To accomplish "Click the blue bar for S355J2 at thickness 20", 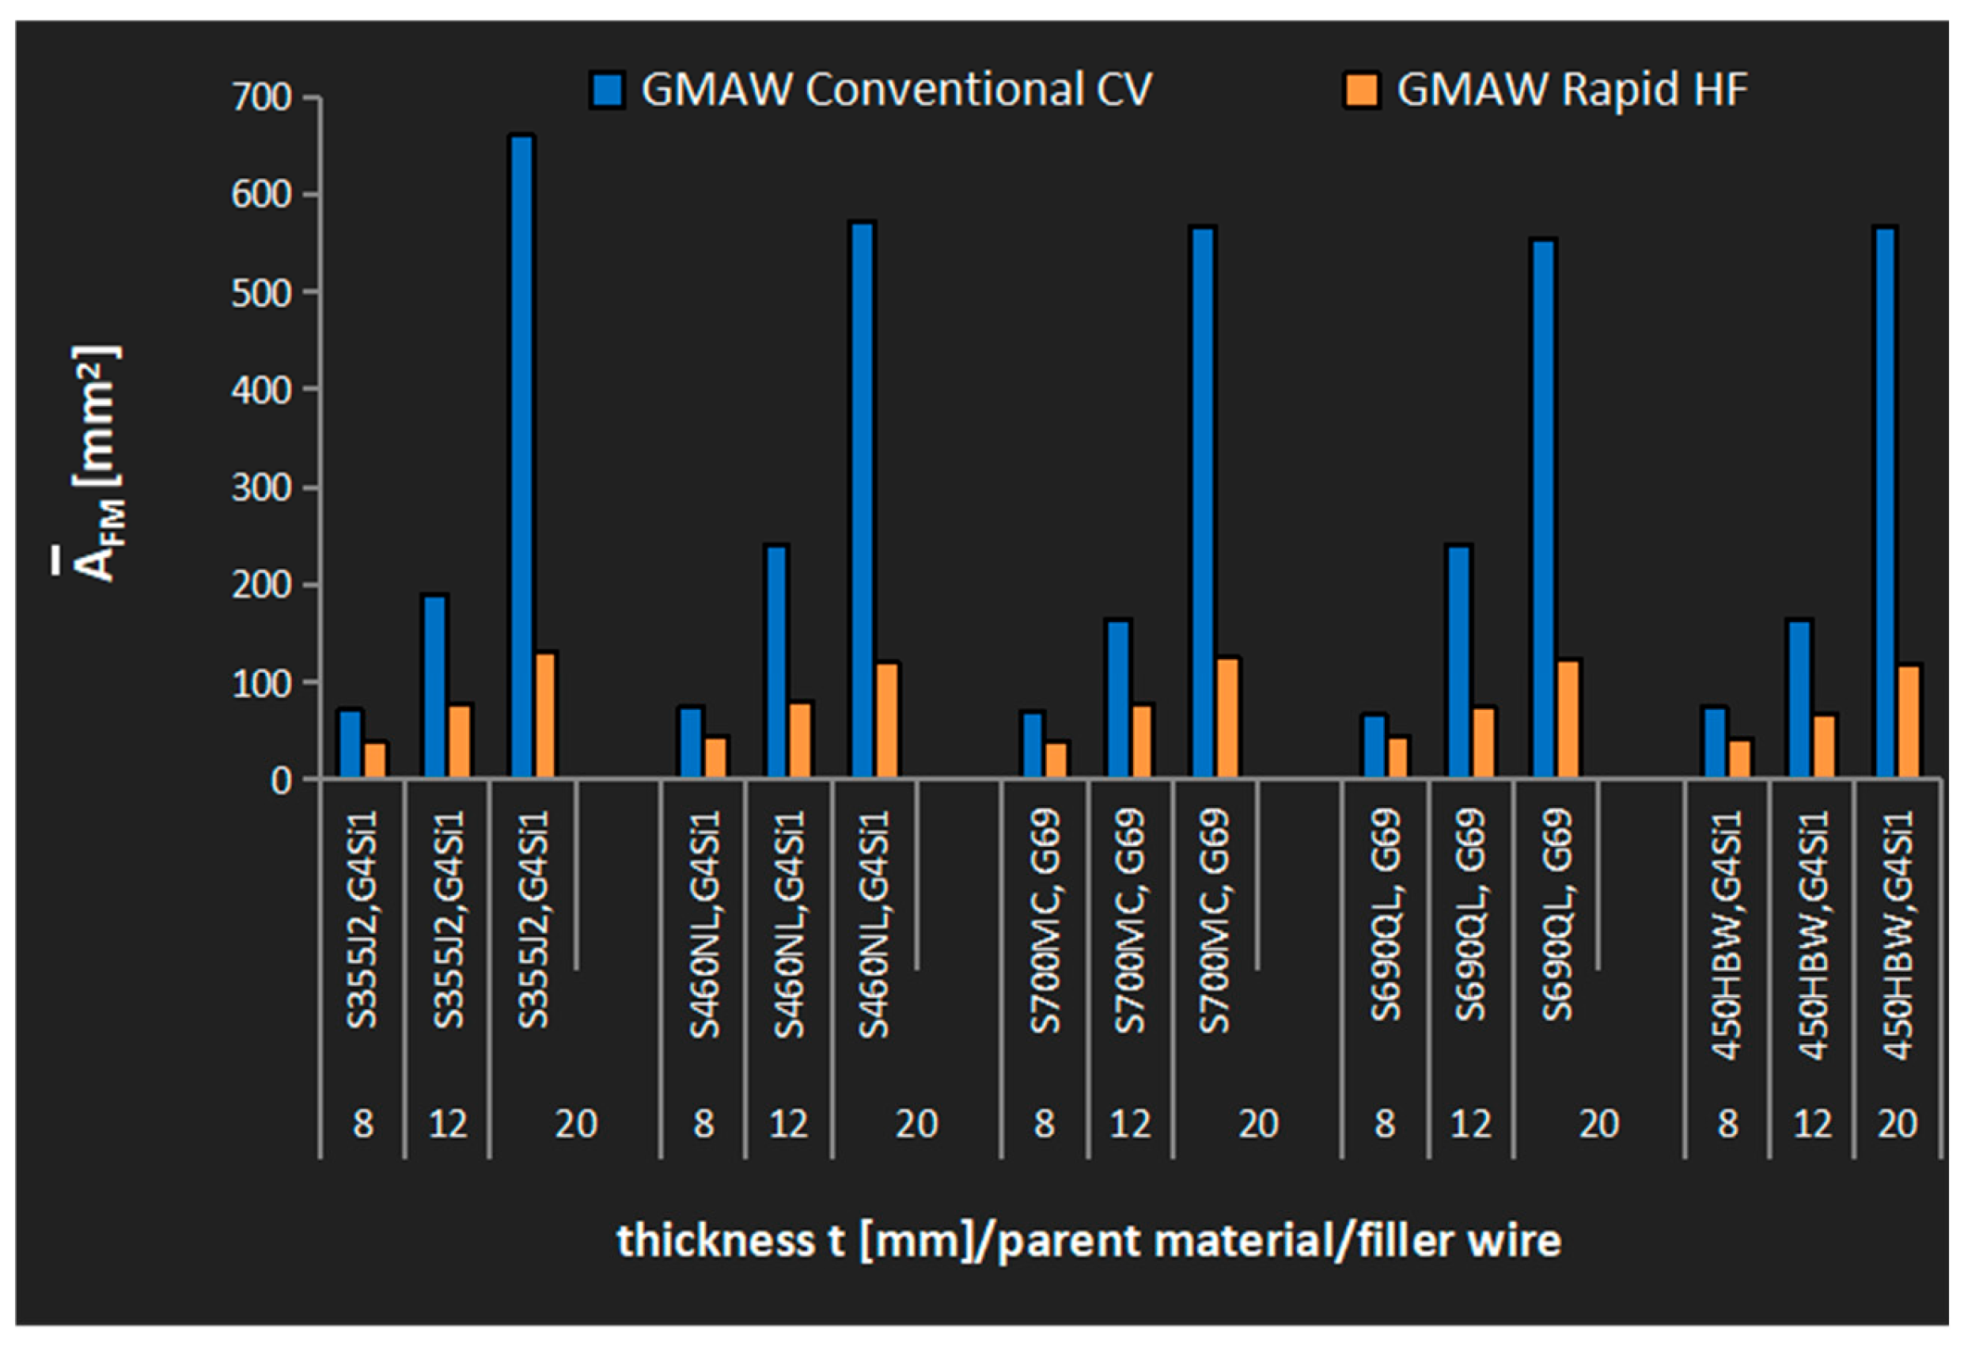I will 522,457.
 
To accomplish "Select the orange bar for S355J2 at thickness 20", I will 546,715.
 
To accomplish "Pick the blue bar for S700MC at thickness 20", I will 1203,502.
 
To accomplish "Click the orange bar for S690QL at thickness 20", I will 1568,719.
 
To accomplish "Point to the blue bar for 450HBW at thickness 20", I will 1886,502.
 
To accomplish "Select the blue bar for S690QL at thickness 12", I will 1459,662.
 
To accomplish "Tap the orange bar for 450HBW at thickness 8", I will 1739,758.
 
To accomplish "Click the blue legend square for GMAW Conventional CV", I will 607,90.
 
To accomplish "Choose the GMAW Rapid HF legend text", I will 1571,89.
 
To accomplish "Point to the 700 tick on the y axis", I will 261,98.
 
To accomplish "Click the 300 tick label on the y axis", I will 261,488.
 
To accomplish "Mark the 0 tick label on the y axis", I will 281,781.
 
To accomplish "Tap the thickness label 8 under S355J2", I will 362,1124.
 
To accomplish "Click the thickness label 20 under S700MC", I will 1258,1124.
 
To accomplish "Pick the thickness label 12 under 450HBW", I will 1811,1124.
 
